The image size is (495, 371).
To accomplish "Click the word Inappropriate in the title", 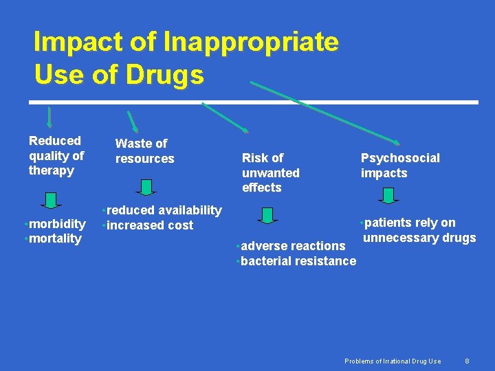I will coord(251,43).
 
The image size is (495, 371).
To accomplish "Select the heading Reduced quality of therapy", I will coord(56,155).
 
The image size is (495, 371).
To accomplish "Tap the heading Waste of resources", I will coord(144,151).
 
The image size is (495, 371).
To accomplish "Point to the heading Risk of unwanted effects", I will coord(270,172).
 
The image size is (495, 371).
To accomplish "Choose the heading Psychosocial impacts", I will coord(400,166).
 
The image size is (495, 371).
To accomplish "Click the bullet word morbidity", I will coord(57,224).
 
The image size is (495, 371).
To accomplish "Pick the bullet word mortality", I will coord(55,239).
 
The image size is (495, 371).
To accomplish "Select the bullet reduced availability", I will coord(164,210).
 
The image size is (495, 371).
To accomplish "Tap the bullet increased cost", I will coord(149,225).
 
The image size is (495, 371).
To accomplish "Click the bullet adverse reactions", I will coord(293,246).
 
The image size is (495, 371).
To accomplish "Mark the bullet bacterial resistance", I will coord(298,261).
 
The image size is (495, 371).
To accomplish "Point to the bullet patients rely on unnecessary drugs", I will coord(419,231).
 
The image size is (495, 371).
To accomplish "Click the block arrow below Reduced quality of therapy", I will coord(50,199).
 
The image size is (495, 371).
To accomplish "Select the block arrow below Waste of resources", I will coord(146,187).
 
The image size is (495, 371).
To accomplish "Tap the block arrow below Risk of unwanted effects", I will coord(268,214).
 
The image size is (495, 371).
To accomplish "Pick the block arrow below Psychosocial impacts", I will coord(388,195).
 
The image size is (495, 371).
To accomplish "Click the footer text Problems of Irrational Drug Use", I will coord(393,361).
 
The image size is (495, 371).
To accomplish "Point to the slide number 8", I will coord(467,361).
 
